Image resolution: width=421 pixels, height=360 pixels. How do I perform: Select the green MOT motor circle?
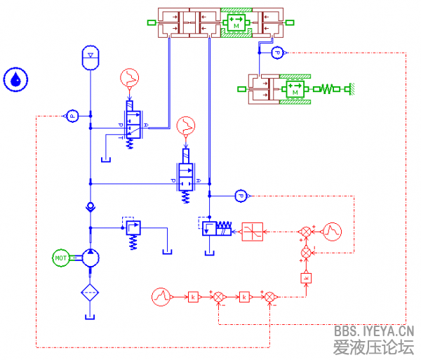tap(61, 258)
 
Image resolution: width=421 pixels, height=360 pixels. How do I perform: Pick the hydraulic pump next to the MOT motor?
tap(91, 258)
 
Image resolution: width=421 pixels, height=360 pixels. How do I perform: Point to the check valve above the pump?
tap(91, 207)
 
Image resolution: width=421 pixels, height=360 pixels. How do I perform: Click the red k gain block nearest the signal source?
tap(193, 297)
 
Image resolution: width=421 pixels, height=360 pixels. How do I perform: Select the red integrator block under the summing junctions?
tap(306, 277)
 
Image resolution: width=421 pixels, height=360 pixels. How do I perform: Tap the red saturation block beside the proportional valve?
tap(253, 232)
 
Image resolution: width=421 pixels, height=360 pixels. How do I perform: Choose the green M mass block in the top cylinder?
tap(236, 22)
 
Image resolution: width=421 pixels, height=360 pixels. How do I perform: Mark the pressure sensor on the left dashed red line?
tap(72, 116)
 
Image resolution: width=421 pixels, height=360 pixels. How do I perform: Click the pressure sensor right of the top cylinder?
tap(277, 53)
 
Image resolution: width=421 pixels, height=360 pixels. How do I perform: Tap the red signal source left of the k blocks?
tap(163, 297)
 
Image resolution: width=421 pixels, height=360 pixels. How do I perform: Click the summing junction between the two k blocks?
tap(219, 297)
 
